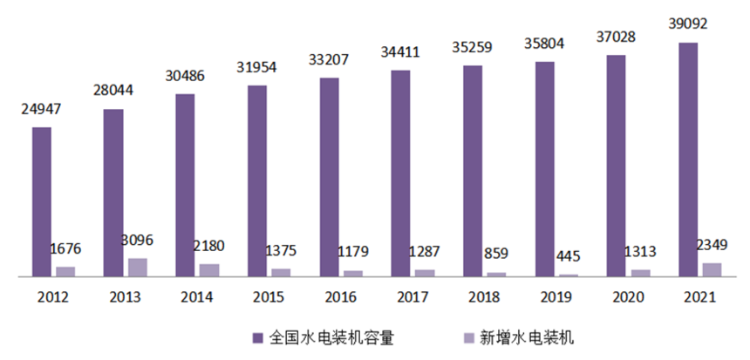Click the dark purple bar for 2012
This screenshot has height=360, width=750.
(41, 201)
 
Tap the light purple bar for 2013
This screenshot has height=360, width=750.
(138, 267)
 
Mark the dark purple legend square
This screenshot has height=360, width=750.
(258, 336)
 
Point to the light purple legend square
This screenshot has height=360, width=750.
(468, 336)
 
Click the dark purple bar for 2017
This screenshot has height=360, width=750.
(400, 173)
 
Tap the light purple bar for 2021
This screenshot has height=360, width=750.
(712, 269)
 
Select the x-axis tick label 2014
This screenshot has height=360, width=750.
(196, 297)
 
